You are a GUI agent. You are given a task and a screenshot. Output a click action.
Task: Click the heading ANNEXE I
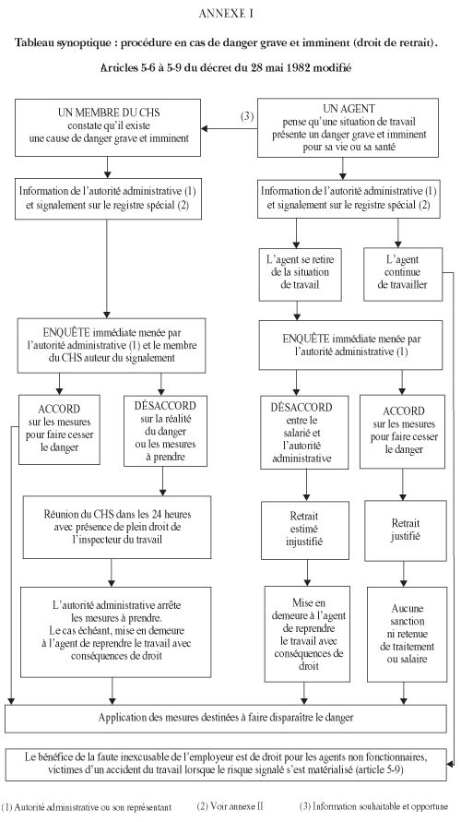[226, 15]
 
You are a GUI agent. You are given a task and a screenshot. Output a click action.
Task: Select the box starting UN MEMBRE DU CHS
[108, 127]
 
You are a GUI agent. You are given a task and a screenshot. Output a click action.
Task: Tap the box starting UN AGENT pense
[349, 128]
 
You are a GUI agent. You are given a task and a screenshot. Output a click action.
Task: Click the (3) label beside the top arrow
[247, 116]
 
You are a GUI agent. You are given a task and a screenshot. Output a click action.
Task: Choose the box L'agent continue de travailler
[403, 274]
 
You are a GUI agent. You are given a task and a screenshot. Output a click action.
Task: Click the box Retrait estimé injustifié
[305, 530]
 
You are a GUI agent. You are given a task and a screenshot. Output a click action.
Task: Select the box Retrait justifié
[406, 530]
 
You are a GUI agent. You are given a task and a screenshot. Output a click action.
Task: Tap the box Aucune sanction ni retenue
[407, 634]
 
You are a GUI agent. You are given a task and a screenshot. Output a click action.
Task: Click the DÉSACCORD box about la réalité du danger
[165, 431]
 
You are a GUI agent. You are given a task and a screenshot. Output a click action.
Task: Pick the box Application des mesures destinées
[226, 718]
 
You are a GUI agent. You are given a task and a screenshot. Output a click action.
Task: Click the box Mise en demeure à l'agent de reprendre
[307, 634]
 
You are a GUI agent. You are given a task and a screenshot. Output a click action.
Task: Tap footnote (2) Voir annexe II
[230, 807]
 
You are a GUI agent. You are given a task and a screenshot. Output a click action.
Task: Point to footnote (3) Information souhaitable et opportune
[374, 807]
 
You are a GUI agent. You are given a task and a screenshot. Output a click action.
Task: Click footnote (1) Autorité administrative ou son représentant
[87, 807]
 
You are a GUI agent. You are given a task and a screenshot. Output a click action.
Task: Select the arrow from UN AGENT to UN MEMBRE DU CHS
[229, 128]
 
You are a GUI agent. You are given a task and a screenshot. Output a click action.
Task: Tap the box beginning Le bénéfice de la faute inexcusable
[226, 765]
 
